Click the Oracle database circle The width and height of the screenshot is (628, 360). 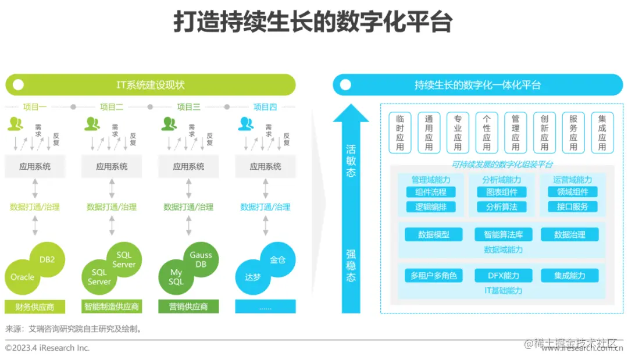tap(23, 277)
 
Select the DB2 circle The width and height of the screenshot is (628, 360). tap(47, 259)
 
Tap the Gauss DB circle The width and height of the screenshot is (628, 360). tap(201, 259)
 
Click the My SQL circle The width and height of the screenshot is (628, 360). tap(176, 277)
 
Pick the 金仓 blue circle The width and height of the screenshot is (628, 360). tap(277, 259)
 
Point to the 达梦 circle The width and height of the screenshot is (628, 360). tap(253, 277)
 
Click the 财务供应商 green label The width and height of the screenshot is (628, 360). tap(35, 306)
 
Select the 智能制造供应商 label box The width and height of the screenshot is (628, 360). tap(112, 306)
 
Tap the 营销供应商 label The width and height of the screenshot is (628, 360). tap(188, 306)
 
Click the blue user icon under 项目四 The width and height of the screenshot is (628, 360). tap(246, 124)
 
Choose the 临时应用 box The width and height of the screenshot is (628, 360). tap(400, 133)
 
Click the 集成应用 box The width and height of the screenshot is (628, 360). tap(602, 133)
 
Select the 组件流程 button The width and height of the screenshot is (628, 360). tap(431, 192)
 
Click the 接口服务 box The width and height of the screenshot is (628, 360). tap(572, 206)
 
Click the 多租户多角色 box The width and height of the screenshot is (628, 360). tap(433, 276)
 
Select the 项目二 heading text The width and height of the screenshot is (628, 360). tap(112, 107)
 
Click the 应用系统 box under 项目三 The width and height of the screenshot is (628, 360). tap(188, 166)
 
